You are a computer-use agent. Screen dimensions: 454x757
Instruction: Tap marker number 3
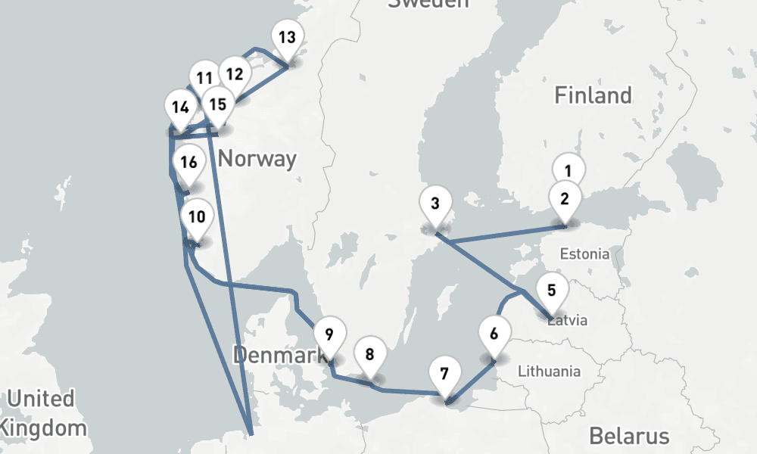click(x=435, y=204)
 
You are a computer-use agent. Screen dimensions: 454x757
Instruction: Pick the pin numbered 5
click(x=551, y=291)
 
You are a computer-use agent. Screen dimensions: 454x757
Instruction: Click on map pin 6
click(x=494, y=334)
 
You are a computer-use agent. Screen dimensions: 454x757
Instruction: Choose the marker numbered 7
click(x=444, y=374)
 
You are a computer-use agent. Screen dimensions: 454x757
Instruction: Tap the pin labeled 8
click(x=369, y=354)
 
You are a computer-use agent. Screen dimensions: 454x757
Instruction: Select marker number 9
click(x=329, y=334)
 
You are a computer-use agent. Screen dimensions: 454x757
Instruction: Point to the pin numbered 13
click(x=287, y=38)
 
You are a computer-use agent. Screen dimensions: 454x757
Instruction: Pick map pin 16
click(x=188, y=162)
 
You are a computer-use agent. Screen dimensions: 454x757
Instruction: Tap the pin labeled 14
click(x=180, y=107)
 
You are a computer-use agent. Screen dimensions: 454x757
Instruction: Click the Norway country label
click(x=257, y=159)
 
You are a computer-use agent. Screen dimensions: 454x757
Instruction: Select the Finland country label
click(x=593, y=95)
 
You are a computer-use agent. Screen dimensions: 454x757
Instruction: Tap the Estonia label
click(x=584, y=253)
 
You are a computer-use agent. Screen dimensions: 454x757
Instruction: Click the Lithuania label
click(x=549, y=371)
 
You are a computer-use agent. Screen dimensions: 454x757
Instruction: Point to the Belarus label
click(x=629, y=436)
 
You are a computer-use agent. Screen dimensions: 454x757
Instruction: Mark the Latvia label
click(x=568, y=320)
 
